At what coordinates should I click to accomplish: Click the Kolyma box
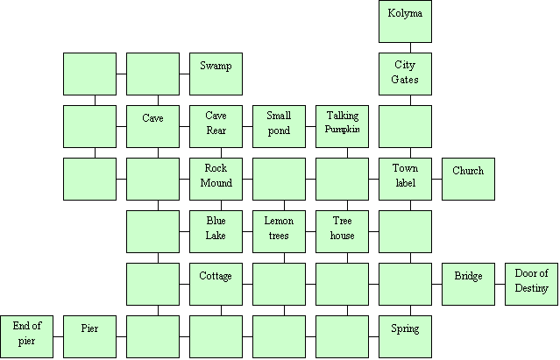pos(405,21)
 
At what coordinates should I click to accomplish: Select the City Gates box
pos(405,74)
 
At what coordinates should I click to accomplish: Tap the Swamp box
pos(216,74)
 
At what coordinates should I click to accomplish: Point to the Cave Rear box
pos(216,126)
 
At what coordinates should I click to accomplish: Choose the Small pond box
pos(279,126)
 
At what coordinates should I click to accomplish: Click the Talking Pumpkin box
pos(342,126)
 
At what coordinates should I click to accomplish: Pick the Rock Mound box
pos(216,179)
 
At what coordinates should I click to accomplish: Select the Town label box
pos(405,179)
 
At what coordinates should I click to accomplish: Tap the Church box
pos(468,179)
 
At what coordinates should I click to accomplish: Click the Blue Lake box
pos(216,231)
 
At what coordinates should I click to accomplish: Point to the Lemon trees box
pos(279,231)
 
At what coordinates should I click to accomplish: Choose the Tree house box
pos(342,231)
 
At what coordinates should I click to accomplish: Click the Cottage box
pos(216,285)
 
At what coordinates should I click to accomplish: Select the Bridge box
pos(468,285)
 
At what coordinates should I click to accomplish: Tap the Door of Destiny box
pos(531,285)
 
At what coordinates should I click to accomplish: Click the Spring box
pos(405,337)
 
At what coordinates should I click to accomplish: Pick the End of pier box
pos(27,337)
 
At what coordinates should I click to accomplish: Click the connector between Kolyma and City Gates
pos(410,48)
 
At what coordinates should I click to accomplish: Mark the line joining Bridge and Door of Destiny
pos(500,285)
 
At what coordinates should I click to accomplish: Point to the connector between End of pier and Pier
pos(59,337)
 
